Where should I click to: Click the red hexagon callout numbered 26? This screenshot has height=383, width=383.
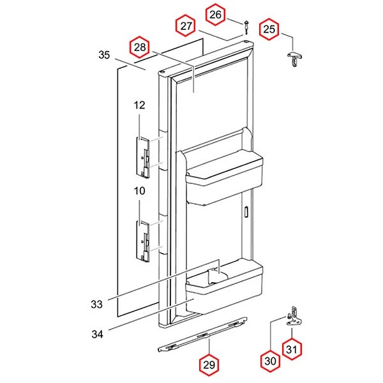pyautogui.click(x=215, y=15)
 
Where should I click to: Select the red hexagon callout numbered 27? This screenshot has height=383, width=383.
pyautogui.click(x=186, y=26)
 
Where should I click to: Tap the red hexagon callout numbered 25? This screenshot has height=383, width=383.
pyautogui.click(x=269, y=29)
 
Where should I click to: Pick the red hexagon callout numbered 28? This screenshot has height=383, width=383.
pyautogui.click(x=139, y=47)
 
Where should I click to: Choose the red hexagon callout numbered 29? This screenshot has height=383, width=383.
pyautogui.click(x=209, y=365)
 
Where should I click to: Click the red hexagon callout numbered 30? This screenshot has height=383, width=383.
pyautogui.click(x=270, y=361)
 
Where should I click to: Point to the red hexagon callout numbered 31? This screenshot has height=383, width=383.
pyautogui.click(x=292, y=349)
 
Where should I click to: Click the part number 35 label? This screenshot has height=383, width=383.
pyautogui.click(x=104, y=55)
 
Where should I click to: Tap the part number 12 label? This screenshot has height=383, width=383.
pyautogui.click(x=139, y=105)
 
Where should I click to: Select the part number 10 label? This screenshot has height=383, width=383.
pyautogui.click(x=139, y=191)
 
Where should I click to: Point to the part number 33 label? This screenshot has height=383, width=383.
pyautogui.click(x=97, y=304)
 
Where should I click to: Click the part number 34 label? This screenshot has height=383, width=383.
pyautogui.click(x=97, y=334)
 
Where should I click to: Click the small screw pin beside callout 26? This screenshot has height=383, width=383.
pyautogui.click(x=246, y=27)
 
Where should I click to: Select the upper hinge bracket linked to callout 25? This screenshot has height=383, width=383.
pyautogui.click(x=294, y=59)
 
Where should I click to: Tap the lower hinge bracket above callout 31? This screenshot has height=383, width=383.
pyautogui.click(x=294, y=317)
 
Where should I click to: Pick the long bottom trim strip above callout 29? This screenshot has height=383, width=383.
pyautogui.click(x=203, y=334)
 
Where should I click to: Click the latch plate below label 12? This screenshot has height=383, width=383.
pyautogui.click(x=143, y=158)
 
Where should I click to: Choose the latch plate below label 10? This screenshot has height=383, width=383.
pyautogui.click(x=143, y=241)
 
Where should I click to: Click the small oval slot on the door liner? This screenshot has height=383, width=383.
pyautogui.click(x=246, y=211)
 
